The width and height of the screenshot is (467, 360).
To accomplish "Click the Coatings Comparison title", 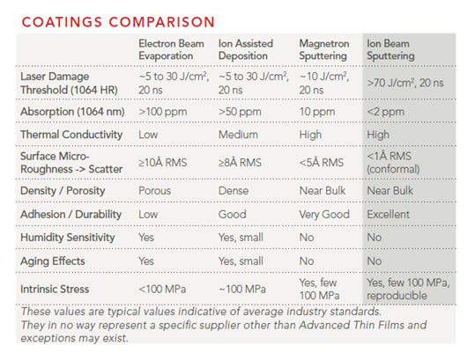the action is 118,22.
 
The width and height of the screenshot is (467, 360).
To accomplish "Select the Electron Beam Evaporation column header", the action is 171,49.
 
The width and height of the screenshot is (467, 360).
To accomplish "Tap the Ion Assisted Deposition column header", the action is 246,49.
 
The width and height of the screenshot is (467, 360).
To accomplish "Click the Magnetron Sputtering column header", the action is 324,49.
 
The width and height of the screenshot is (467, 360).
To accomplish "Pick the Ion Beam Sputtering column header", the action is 390,49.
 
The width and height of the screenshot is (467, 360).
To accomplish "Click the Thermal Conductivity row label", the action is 71,135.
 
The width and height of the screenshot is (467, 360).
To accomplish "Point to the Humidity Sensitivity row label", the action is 68,238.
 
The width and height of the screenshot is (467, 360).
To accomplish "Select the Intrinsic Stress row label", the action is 55,289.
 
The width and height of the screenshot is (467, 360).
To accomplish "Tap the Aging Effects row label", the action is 53,261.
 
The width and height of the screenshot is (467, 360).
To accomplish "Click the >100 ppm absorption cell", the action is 163,112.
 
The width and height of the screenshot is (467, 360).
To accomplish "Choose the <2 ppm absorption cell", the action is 385,112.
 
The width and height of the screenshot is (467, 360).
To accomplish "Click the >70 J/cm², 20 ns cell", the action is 405,83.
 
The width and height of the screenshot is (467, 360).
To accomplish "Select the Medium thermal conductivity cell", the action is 238,135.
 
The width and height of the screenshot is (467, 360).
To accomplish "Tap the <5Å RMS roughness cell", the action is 322,163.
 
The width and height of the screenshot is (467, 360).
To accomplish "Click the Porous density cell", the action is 154,191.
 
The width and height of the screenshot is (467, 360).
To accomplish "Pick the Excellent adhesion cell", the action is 388,214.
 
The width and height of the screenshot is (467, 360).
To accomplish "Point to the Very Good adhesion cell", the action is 324,214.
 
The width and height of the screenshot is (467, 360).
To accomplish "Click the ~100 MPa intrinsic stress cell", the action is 242,289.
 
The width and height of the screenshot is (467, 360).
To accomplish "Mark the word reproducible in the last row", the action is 397,296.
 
